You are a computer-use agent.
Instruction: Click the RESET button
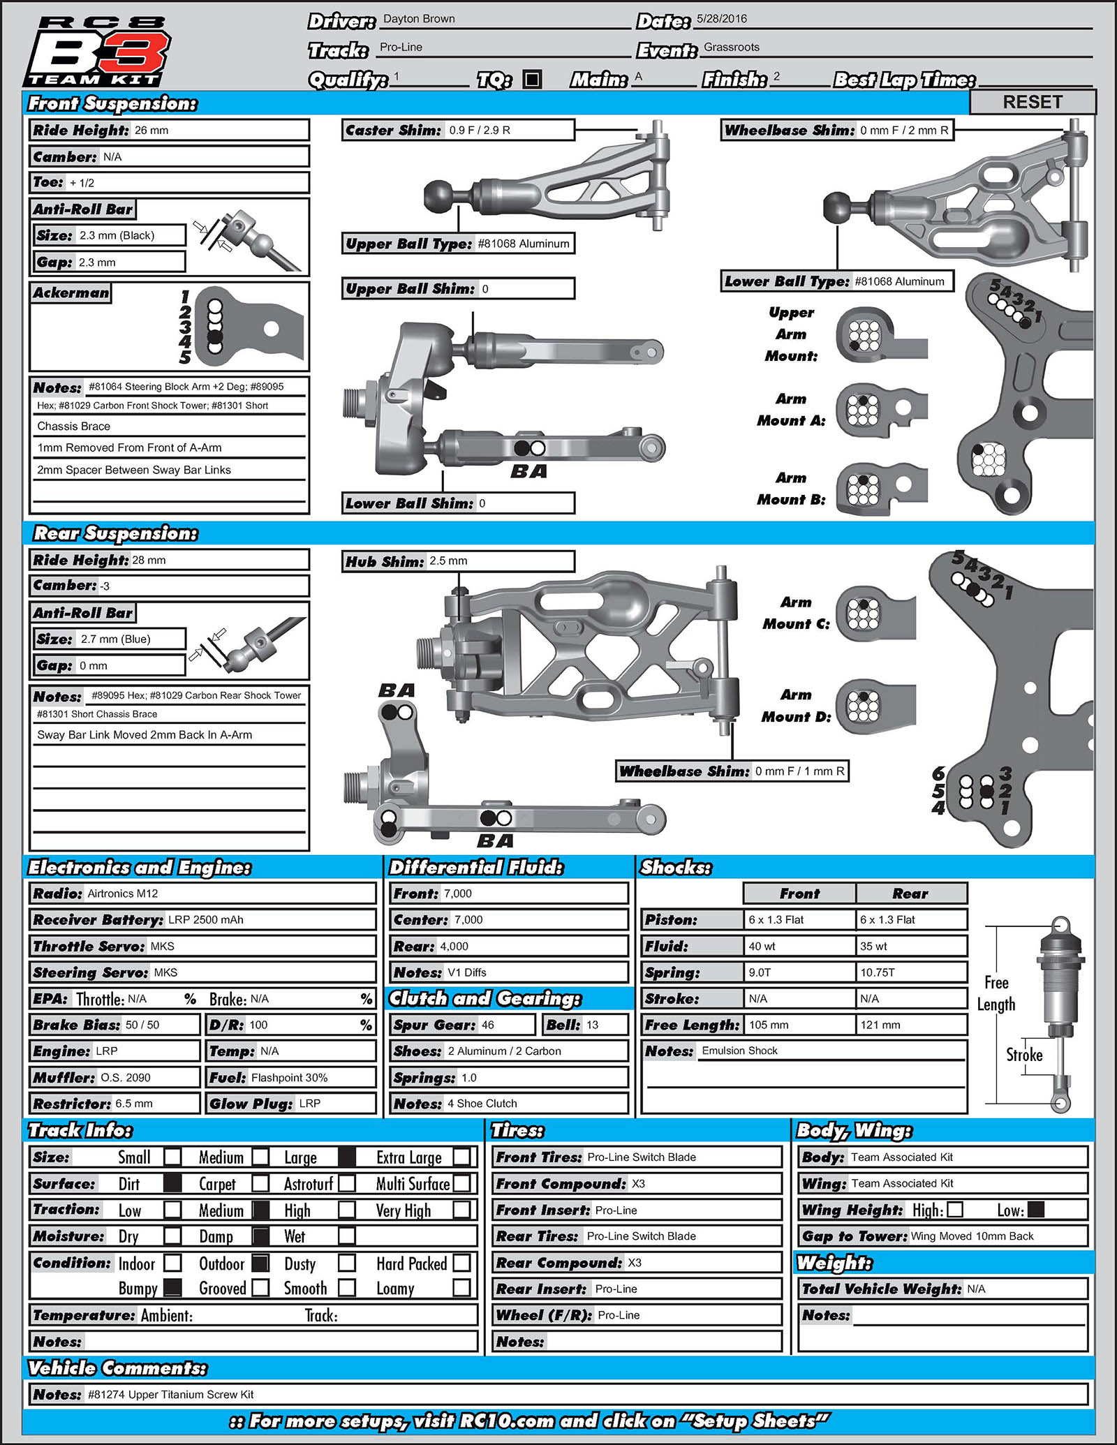click(x=1033, y=102)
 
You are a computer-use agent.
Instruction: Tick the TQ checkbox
click(x=532, y=80)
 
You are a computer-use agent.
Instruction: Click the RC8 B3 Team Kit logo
click(x=98, y=50)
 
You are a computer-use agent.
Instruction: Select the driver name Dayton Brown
click(x=419, y=19)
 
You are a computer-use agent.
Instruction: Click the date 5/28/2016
click(x=722, y=19)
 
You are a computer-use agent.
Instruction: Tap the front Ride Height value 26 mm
click(x=151, y=131)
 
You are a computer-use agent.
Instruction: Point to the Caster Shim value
click(x=480, y=131)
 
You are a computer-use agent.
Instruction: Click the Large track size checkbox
click(x=347, y=1157)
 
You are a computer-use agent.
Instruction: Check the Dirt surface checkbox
click(x=172, y=1183)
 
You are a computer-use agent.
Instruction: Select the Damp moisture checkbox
click(x=260, y=1236)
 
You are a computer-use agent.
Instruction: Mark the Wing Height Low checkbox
click(x=1036, y=1210)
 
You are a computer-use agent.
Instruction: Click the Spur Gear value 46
click(x=488, y=1025)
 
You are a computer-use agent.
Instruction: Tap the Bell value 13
click(x=593, y=1025)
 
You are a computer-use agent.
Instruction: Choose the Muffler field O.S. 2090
click(x=126, y=1077)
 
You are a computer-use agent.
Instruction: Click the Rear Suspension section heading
click(x=116, y=533)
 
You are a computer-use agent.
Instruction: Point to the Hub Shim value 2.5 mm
click(x=448, y=561)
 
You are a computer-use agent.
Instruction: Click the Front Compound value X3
click(x=638, y=1184)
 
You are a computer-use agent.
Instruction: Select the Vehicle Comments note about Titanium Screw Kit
click(x=171, y=1394)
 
